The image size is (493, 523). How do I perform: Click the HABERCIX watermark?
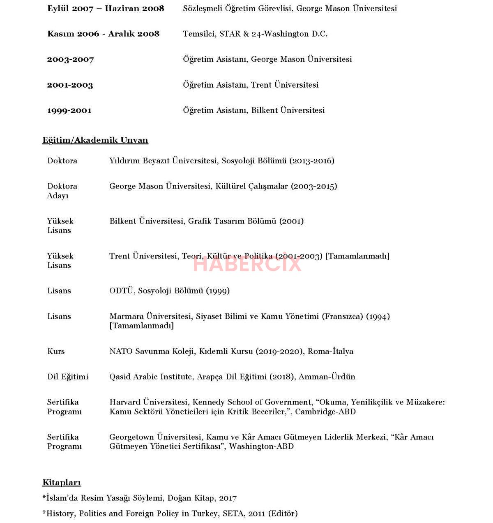(x=247, y=264)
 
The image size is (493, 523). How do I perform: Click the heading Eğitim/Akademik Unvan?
(x=95, y=140)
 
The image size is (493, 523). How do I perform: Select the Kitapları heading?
(x=61, y=483)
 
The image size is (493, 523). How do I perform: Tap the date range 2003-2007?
(x=70, y=60)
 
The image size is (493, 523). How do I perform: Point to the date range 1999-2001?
(x=69, y=111)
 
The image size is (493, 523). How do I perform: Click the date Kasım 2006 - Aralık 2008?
(x=103, y=34)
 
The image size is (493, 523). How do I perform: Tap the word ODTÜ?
(x=122, y=291)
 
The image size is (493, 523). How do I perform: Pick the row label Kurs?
(x=56, y=351)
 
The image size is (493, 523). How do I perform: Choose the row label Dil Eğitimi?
(x=68, y=377)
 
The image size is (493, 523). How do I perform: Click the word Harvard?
(x=125, y=402)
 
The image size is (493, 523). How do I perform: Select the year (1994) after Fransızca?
(x=378, y=316)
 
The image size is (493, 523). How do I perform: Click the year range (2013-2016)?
(x=312, y=161)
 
